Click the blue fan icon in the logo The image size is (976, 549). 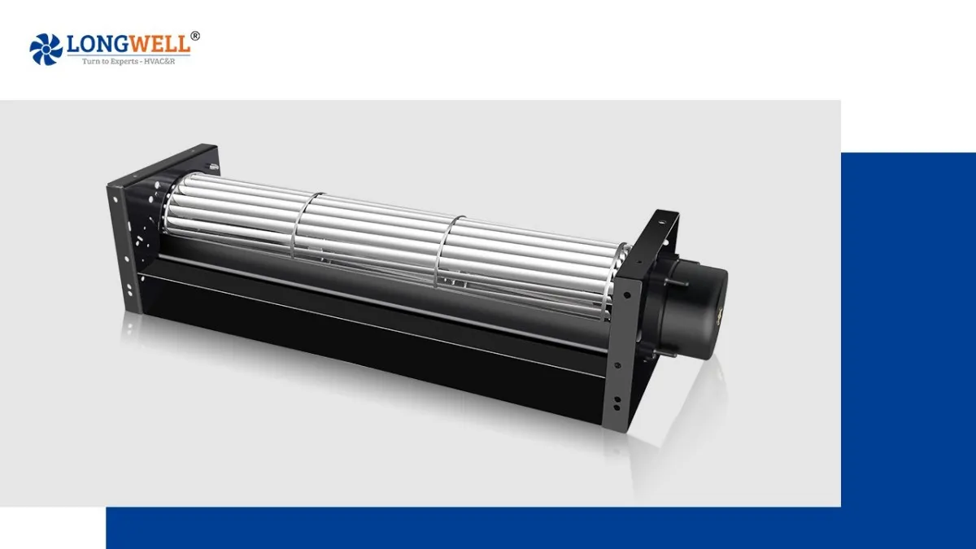point(46,49)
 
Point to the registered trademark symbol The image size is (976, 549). point(195,36)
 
